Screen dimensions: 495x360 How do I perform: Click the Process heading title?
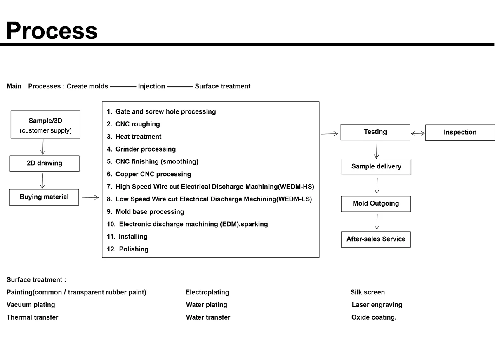(x=52, y=31)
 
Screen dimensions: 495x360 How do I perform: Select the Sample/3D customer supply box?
(x=45, y=125)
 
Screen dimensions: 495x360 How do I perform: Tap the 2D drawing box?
(x=45, y=163)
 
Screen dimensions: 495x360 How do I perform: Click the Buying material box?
(x=44, y=197)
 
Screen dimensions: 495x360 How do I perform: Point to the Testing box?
(x=375, y=132)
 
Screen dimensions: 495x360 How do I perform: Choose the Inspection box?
(x=460, y=133)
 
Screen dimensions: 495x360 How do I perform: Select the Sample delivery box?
(x=376, y=167)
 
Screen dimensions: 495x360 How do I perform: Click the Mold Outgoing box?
(x=376, y=204)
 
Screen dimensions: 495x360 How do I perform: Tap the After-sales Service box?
(x=376, y=239)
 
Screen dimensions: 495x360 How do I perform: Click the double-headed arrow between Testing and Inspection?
(x=418, y=133)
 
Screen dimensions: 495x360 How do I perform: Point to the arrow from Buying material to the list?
(x=90, y=197)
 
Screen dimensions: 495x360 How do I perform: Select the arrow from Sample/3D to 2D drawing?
(x=43, y=147)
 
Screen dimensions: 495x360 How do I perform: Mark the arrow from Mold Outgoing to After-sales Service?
(x=377, y=222)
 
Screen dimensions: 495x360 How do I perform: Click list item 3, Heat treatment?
(x=134, y=136)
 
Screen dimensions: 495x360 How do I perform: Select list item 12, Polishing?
(x=127, y=249)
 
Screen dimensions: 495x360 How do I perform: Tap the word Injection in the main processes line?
(x=151, y=86)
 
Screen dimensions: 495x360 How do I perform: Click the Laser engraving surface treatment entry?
(x=377, y=305)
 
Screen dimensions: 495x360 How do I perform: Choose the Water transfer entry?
(x=208, y=317)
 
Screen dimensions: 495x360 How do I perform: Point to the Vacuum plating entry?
(x=31, y=305)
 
